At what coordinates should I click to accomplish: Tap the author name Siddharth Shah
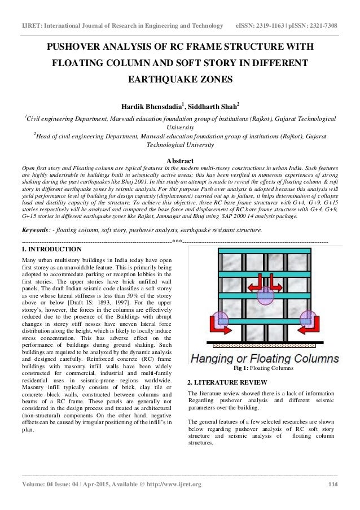(x=214, y=104)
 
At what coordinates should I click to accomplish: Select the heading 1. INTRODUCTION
(x=51, y=249)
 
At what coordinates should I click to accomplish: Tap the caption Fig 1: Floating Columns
(x=263, y=368)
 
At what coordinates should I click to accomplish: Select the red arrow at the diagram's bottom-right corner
(x=308, y=321)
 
